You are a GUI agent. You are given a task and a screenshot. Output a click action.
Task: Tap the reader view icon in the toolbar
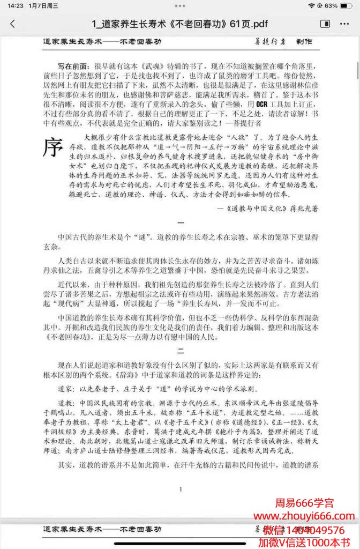coord(325,24)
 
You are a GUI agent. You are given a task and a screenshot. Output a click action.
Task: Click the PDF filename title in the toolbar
coord(180,24)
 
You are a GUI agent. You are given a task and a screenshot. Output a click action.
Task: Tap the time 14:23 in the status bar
coord(15,5)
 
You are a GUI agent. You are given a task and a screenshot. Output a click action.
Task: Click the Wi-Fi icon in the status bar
coord(311,5)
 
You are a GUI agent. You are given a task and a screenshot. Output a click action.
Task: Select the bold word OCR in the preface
coord(262,103)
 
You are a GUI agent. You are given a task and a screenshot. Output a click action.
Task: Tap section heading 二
coord(181,351)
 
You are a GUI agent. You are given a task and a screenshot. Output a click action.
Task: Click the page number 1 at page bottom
coord(181,488)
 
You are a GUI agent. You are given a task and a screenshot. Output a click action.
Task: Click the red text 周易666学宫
coord(304,503)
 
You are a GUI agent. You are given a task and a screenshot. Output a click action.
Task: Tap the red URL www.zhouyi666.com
coord(304,516)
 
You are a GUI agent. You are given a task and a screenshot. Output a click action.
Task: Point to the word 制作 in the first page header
coord(303,41)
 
